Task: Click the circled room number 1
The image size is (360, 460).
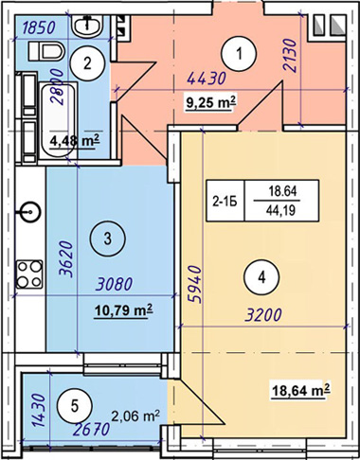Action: coord(239,54)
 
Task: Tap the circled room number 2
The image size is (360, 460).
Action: coord(87,63)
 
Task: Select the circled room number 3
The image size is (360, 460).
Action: coord(108,239)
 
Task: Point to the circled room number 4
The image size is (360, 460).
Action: coord(261,277)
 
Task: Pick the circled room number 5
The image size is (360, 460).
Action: coord(75,406)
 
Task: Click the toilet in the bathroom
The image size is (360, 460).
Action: coord(46,51)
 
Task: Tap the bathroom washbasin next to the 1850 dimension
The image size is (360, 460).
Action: coord(86,25)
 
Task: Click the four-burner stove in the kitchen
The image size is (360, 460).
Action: coord(29,274)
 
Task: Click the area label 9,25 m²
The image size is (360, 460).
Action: coord(211,103)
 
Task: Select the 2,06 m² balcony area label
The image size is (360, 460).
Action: coord(135,416)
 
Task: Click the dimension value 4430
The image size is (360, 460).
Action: coord(207,79)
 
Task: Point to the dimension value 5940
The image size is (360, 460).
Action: coord(195,285)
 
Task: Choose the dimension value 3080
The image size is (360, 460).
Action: coord(115,284)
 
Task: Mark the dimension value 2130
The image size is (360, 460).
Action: coord(291,56)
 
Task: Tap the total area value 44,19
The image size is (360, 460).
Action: coord(280,210)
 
